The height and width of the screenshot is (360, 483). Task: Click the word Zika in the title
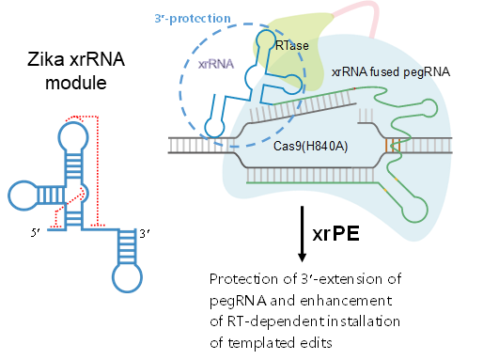pyautogui.click(x=46, y=59)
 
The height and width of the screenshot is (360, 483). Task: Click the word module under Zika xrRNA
pyautogui.click(x=76, y=83)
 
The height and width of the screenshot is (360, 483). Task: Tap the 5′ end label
pyautogui.click(x=36, y=232)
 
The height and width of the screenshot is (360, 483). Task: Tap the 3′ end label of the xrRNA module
pyautogui.click(x=144, y=233)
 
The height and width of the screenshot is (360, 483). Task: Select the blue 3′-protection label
pyautogui.click(x=193, y=19)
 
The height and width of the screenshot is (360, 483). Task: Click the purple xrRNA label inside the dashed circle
pyautogui.click(x=216, y=64)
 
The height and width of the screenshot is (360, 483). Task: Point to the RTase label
pyautogui.click(x=292, y=46)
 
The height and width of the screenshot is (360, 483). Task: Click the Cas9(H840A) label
pyautogui.click(x=310, y=146)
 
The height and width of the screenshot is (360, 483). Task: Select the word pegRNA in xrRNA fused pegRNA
pyautogui.click(x=427, y=72)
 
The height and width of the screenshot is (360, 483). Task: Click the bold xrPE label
pyautogui.click(x=335, y=234)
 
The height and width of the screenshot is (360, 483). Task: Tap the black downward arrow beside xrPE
pyautogui.click(x=302, y=234)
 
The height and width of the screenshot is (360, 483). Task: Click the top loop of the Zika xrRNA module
pyautogui.click(x=73, y=137)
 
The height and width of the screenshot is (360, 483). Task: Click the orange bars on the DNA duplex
pyautogui.click(x=393, y=146)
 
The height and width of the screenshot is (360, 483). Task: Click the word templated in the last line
pyautogui.click(x=261, y=343)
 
